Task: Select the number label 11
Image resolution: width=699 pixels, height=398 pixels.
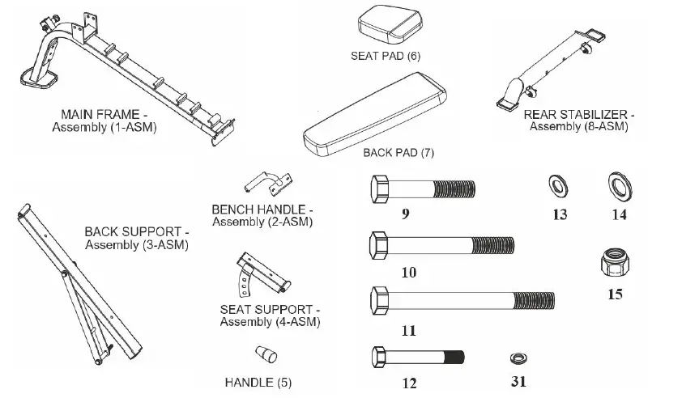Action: (408, 331)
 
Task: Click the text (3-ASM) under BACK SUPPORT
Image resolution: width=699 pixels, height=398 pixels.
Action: (164, 245)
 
